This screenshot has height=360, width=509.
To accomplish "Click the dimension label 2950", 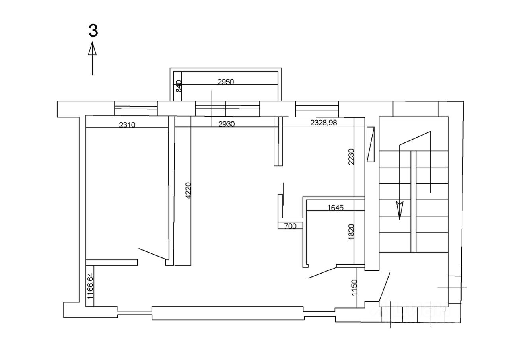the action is [226, 82].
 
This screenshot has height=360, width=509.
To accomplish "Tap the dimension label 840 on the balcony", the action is [178, 86].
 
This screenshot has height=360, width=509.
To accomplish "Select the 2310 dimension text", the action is [127, 125].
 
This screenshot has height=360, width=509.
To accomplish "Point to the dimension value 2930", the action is [227, 124].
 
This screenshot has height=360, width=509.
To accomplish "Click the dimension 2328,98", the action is [323, 123].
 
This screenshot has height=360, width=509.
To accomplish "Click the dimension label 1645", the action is [335, 207].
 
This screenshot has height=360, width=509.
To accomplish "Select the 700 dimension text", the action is [290, 226].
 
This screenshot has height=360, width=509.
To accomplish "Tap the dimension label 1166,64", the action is [90, 286].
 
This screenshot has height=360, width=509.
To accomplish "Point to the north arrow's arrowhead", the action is [92, 49].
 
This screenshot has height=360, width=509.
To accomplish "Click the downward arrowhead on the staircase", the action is [400, 209].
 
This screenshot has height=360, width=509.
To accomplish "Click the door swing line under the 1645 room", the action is [322, 272].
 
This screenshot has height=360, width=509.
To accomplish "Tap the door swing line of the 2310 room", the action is [152, 253].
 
